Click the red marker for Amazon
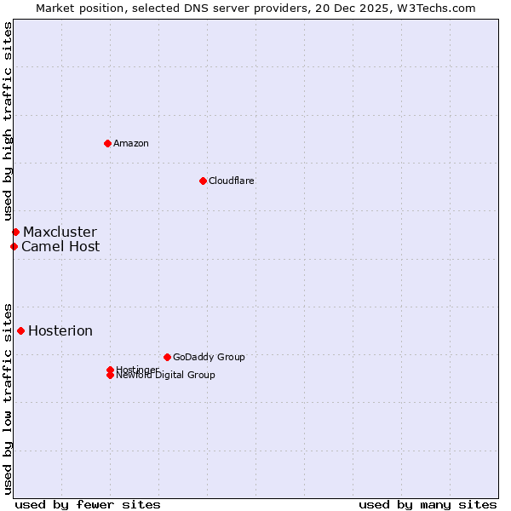point(107,143)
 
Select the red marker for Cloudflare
point(203,181)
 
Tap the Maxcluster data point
point(15,232)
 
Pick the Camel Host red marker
point(14,246)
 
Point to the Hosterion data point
point(20,330)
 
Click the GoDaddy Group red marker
point(167,357)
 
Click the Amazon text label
point(130,143)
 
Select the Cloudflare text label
point(231,181)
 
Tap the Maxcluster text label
point(60,232)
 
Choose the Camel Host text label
point(60,246)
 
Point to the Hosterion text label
point(60,330)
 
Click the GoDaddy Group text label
point(209,357)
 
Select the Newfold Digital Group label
point(165,376)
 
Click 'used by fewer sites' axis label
point(88,504)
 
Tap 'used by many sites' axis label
point(428,504)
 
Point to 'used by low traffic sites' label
point(8,398)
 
